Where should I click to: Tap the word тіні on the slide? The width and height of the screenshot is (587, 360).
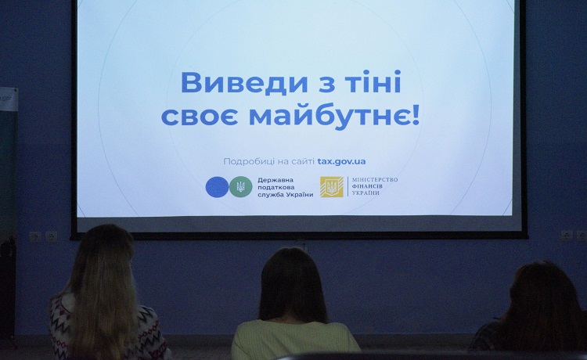click(x=373, y=81)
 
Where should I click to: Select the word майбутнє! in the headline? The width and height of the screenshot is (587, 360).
click(x=334, y=116)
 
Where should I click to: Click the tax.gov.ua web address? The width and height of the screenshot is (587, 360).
click(x=341, y=162)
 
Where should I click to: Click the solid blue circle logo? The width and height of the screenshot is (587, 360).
click(x=217, y=187)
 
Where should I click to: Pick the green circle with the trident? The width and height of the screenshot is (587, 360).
click(x=241, y=187)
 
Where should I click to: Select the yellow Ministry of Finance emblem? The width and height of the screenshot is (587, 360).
click(x=331, y=187)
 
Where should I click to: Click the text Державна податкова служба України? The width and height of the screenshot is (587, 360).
click(x=285, y=187)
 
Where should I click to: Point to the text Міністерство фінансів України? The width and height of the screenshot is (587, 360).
click(x=375, y=186)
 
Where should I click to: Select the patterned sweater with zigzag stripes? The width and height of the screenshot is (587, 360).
click(x=109, y=327)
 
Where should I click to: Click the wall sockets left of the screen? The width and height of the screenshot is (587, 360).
click(x=43, y=236)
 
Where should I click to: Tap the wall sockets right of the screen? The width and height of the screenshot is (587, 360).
click(x=574, y=236)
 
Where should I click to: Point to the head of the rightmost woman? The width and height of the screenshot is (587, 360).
click(x=543, y=296)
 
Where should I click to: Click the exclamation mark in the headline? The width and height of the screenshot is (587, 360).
click(x=415, y=114)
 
